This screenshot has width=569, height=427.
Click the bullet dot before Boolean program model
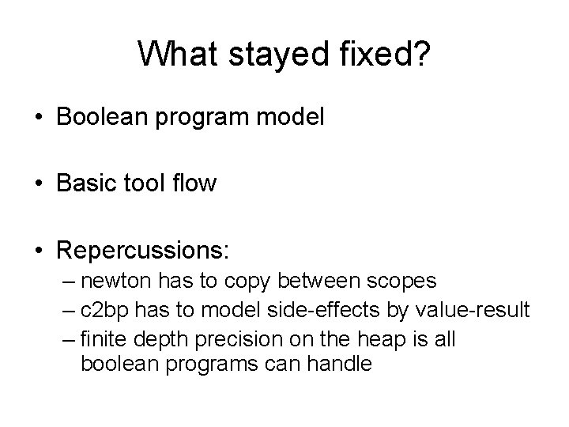point(40,118)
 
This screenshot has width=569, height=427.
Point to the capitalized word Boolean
point(104,118)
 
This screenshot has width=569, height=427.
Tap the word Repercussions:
point(143,251)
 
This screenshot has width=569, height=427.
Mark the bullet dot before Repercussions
point(40,251)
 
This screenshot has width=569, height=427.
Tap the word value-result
point(471,310)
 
